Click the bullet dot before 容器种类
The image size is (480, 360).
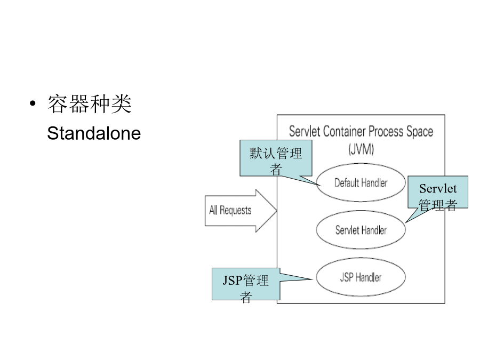click(x=33, y=103)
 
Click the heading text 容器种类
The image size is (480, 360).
click(x=90, y=104)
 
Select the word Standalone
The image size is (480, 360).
click(x=94, y=133)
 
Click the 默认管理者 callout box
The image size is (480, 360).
click(x=276, y=158)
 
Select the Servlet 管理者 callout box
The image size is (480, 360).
click(x=438, y=192)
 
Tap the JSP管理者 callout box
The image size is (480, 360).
click(x=246, y=284)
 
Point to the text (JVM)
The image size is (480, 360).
click(x=361, y=149)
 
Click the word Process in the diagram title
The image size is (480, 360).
click(x=386, y=132)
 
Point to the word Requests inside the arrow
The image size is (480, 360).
click(x=235, y=211)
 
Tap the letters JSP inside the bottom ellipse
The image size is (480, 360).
click(x=347, y=277)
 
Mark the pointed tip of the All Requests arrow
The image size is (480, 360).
click(x=277, y=210)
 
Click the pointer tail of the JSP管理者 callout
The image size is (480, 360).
click(x=312, y=279)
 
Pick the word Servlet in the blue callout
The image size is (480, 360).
click(x=438, y=189)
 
